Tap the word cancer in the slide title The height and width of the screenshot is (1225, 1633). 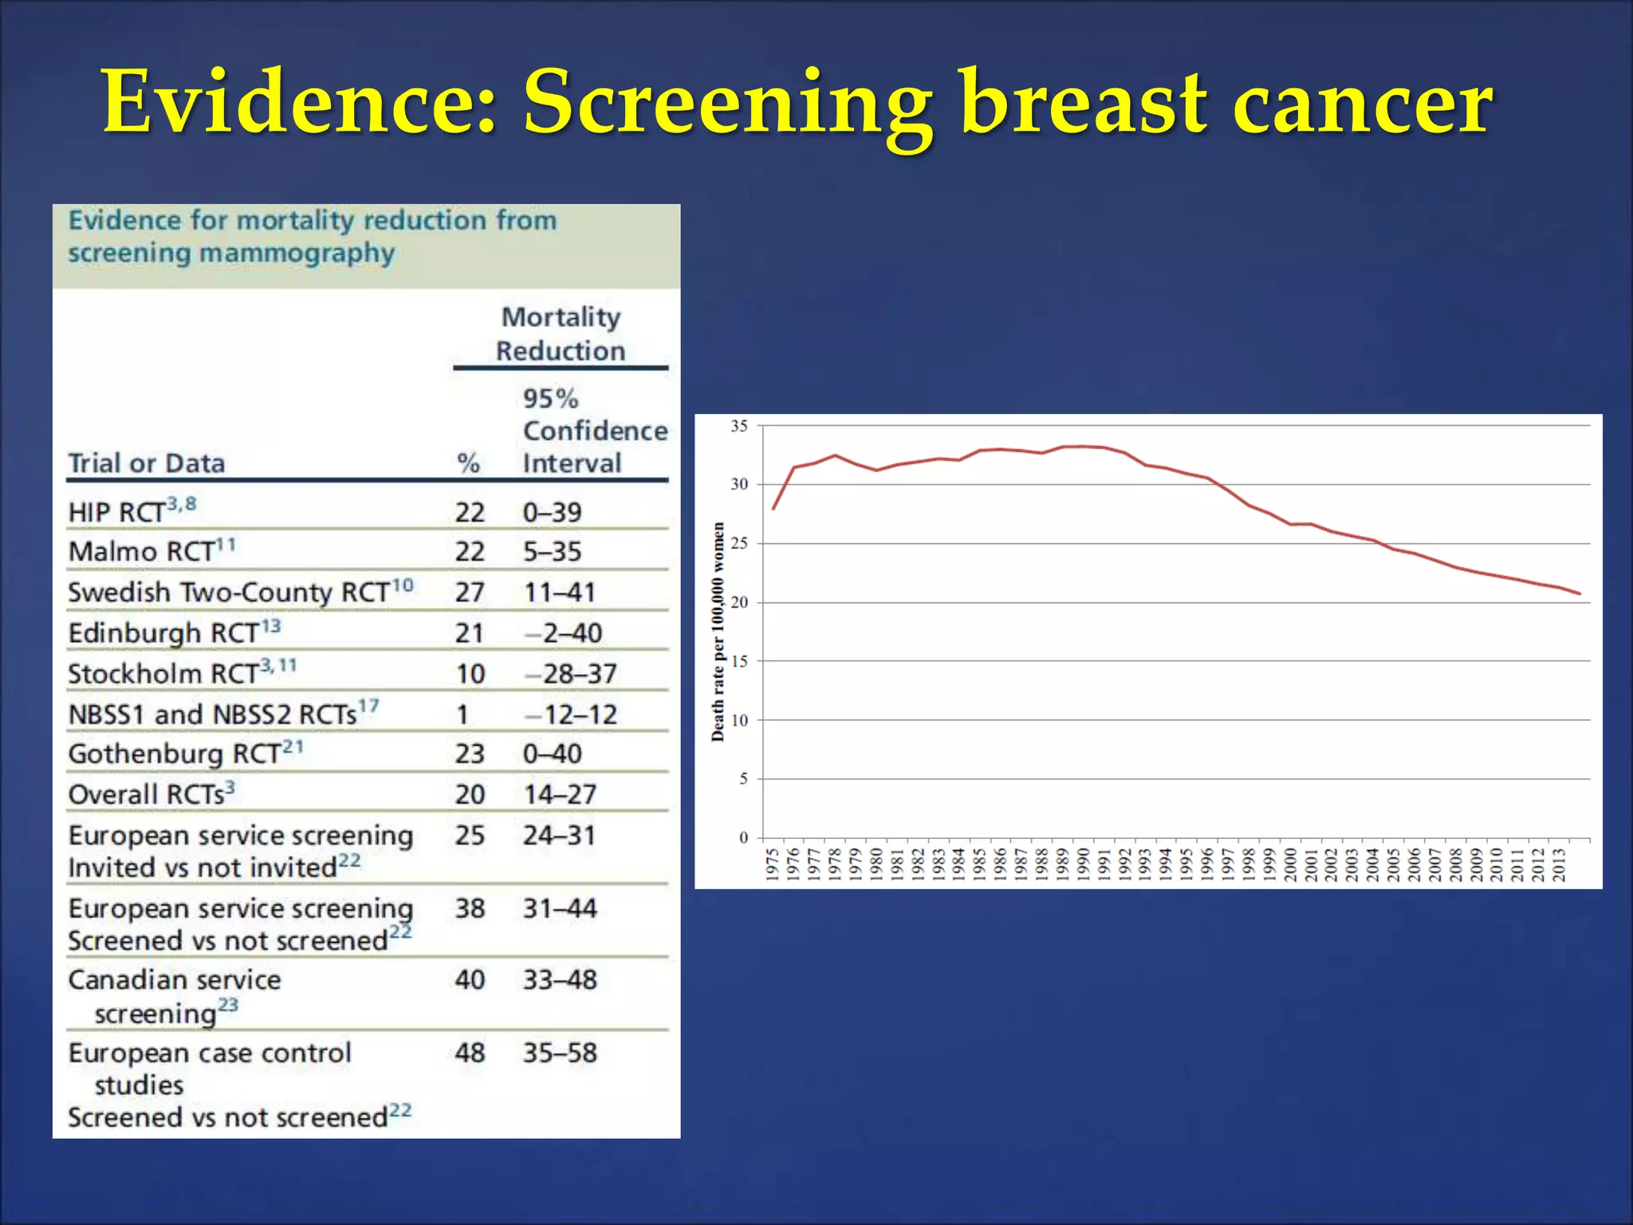click(1362, 104)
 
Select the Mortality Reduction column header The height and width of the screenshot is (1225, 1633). click(561, 334)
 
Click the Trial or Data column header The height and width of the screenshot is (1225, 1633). click(147, 463)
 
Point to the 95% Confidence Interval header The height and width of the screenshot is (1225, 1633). click(594, 431)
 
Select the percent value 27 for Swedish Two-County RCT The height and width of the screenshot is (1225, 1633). click(470, 593)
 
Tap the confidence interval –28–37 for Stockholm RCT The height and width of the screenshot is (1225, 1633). click(571, 674)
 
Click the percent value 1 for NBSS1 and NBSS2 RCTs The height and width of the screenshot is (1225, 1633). click(462, 715)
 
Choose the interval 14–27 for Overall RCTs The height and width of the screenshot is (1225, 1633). click(560, 794)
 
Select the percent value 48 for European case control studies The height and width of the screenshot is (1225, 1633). click(470, 1053)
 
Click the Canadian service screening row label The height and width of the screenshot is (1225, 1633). click(174, 996)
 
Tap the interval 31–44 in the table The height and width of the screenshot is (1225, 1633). click(560, 908)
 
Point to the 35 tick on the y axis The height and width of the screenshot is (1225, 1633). click(739, 426)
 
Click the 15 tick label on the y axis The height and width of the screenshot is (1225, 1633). click(739, 661)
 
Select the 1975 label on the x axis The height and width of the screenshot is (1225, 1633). click(772, 865)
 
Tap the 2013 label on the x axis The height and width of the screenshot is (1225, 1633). click(1559, 865)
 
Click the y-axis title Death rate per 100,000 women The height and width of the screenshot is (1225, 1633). click(718, 632)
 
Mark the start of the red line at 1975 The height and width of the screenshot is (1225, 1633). click(773, 509)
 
